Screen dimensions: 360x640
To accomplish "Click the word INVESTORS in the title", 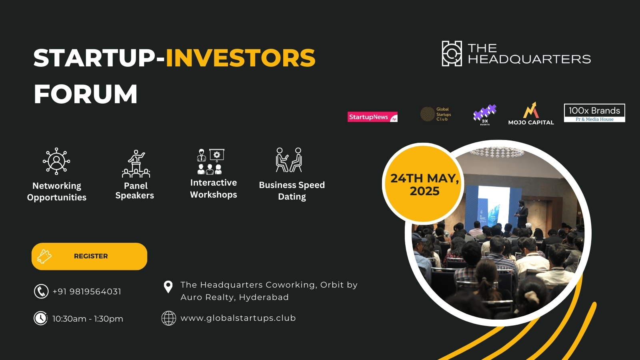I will pos(240,58).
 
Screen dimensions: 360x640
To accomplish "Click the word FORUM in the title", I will pos(86,94).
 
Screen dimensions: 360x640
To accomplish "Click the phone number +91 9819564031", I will pos(87,292).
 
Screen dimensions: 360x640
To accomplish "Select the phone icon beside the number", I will pos(41,291).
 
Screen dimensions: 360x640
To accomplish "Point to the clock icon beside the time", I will pos(41,318).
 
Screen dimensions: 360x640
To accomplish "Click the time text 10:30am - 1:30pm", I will pos(88,319).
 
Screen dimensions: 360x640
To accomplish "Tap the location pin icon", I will pos(168,286).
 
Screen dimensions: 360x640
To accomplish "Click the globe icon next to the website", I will pos(168,318).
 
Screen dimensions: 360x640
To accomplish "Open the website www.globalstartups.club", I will pos(238,318).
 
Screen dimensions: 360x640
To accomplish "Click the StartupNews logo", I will pos(372,117).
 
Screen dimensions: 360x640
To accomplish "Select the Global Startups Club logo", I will pos(436,114).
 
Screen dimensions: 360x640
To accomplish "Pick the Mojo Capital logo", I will pos(531,114).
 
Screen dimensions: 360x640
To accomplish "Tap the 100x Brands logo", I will pos(594,113).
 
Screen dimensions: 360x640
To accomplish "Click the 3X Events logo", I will pos(485,115).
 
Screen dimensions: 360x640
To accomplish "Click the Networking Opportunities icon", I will pos(56,161).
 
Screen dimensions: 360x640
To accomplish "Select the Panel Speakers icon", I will pos(136,164).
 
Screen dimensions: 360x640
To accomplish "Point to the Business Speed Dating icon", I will pos(289,160).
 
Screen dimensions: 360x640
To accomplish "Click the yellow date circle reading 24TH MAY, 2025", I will pos(424,184).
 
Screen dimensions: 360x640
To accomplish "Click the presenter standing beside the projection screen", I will pos(522,214).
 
